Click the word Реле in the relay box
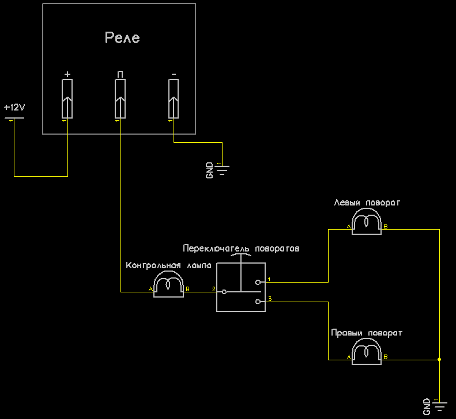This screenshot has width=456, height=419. [x=122, y=38]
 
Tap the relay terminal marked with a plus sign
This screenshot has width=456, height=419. [x=67, y=99]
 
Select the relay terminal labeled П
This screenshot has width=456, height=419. [x=120, y=99]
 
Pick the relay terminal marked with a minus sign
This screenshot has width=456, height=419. [x=174, y=99]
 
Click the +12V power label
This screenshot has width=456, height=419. [x=14, y=108]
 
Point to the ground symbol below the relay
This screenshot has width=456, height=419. [x=222, y=170]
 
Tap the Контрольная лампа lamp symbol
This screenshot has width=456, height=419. [x=168, y=284]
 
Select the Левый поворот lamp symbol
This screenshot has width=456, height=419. [x=367, y=222]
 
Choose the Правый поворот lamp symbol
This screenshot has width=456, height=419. [x=367, y=352]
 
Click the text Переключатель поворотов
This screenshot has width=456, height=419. [x=241, y=249]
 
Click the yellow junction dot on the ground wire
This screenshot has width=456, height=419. [x=439, y=360]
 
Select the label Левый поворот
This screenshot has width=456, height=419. [x=367, y=203]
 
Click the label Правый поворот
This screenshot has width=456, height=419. [x=367, y=333]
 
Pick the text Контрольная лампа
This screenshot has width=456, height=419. [x=168, y=265]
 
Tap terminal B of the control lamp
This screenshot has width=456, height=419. [x=187, y=289]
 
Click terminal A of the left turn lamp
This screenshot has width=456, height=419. [x=349, y=227]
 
